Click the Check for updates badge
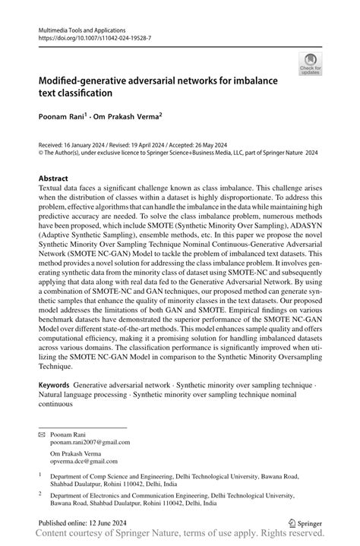click(x=310, y=64)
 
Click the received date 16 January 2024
click(x=83, y=144)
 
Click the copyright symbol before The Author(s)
click(x=41, y=152)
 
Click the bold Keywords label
click(x=55, y=387)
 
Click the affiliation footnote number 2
click(x=39, y=492)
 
